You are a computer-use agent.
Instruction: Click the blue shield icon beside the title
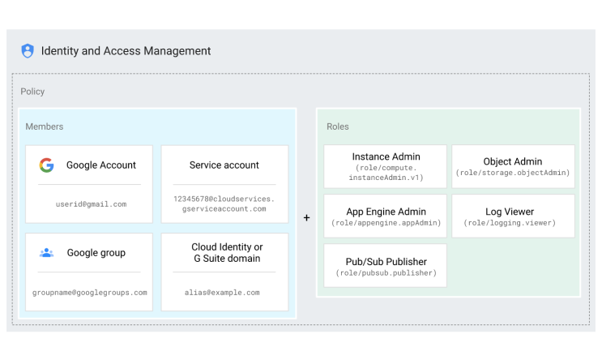pos(28,51)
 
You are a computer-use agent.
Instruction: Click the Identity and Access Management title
pos(126,51)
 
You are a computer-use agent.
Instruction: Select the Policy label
pos(32,92)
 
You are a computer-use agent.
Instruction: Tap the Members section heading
pos(44,126)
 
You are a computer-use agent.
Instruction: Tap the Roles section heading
pos(337,126)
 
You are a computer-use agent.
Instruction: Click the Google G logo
pos(46,165)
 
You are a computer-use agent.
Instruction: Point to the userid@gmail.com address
pos(91,204)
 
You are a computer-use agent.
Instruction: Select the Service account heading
pos(224,165)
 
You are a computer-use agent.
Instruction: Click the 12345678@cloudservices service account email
pos(224,204)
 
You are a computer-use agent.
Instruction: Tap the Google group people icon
pos(46,253)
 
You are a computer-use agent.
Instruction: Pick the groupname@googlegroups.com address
pos(90,292)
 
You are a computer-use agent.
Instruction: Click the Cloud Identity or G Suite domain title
pos(227,252)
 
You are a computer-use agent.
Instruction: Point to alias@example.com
pos(224,292)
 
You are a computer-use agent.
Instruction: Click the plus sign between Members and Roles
pos(306,217)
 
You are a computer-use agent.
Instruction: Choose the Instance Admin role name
pos(385,156)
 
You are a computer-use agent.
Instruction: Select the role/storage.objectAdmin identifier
pos(513,173)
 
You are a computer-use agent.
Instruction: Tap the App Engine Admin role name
pos(385,211)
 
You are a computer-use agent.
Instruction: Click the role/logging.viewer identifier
pos(513,222)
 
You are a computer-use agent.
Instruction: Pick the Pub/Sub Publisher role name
pos(385,262)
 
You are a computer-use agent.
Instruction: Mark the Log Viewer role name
pos(513,211)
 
